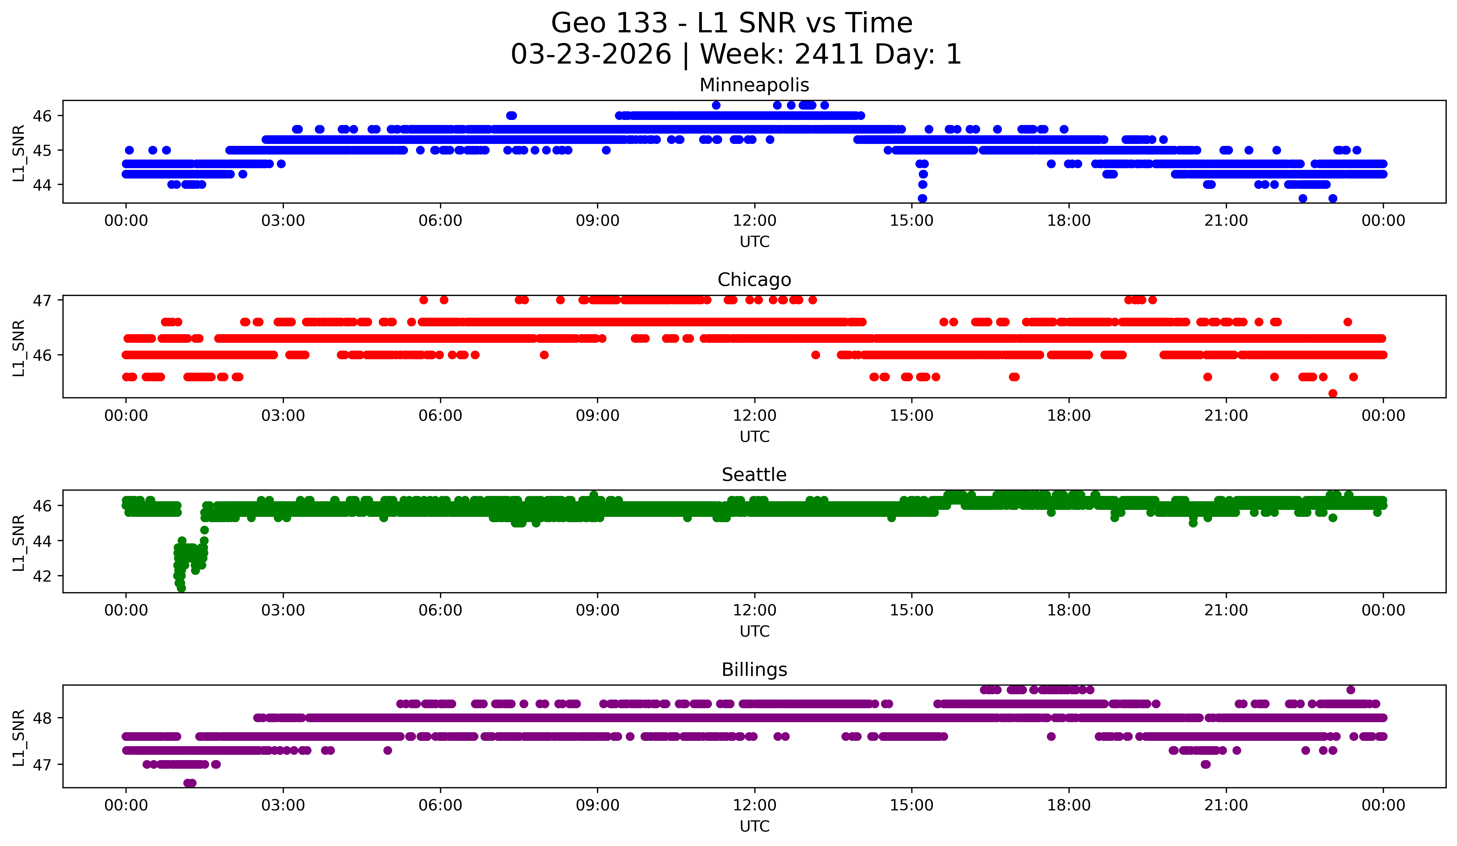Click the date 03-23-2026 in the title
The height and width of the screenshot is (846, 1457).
pos(591,54)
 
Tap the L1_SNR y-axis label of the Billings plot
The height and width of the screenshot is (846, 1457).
pos(18,738)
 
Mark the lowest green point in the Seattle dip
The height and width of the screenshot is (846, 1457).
pos(181,588)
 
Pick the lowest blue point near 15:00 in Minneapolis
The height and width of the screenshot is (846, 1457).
pos(922,198)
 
